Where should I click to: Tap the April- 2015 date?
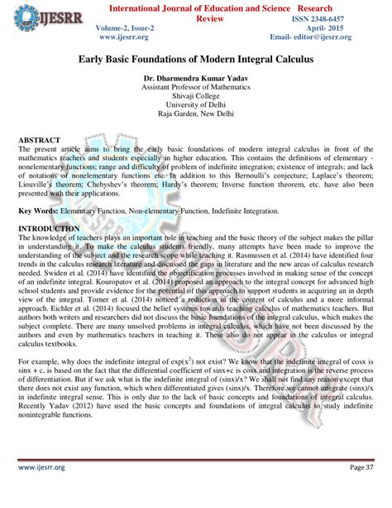(349, 28)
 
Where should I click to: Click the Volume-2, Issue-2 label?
(125, 28)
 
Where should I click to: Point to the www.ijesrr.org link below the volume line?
(124, 38)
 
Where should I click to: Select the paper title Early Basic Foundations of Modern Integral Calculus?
(195, 60)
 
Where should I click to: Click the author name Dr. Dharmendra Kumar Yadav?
(195, 78)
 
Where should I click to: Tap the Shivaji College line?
(195, 96)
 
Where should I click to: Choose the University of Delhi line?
(195, 105)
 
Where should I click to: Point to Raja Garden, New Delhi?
(195, 114)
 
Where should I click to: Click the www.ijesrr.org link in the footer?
(41, 491)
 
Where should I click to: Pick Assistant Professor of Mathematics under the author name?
(195, 87)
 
